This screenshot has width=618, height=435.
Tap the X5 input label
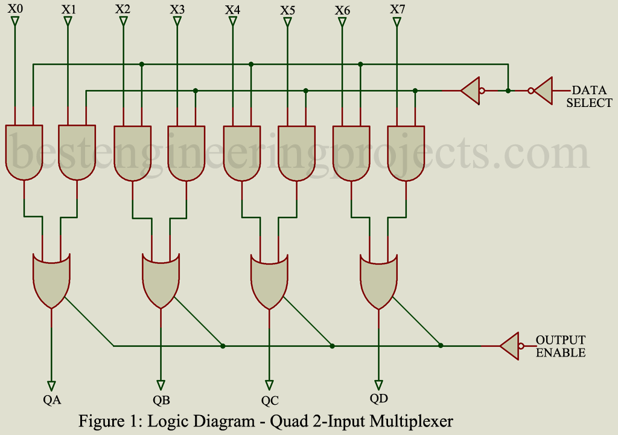tap(288, 10)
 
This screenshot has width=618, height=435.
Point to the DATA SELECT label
tap(588, 97)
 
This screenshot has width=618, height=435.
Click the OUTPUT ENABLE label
tap(561, 346)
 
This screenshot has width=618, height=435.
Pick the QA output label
tap(53, 399)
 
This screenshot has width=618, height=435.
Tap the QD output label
tap(378, 398)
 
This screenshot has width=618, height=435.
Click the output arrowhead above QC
tap(269, 384)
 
